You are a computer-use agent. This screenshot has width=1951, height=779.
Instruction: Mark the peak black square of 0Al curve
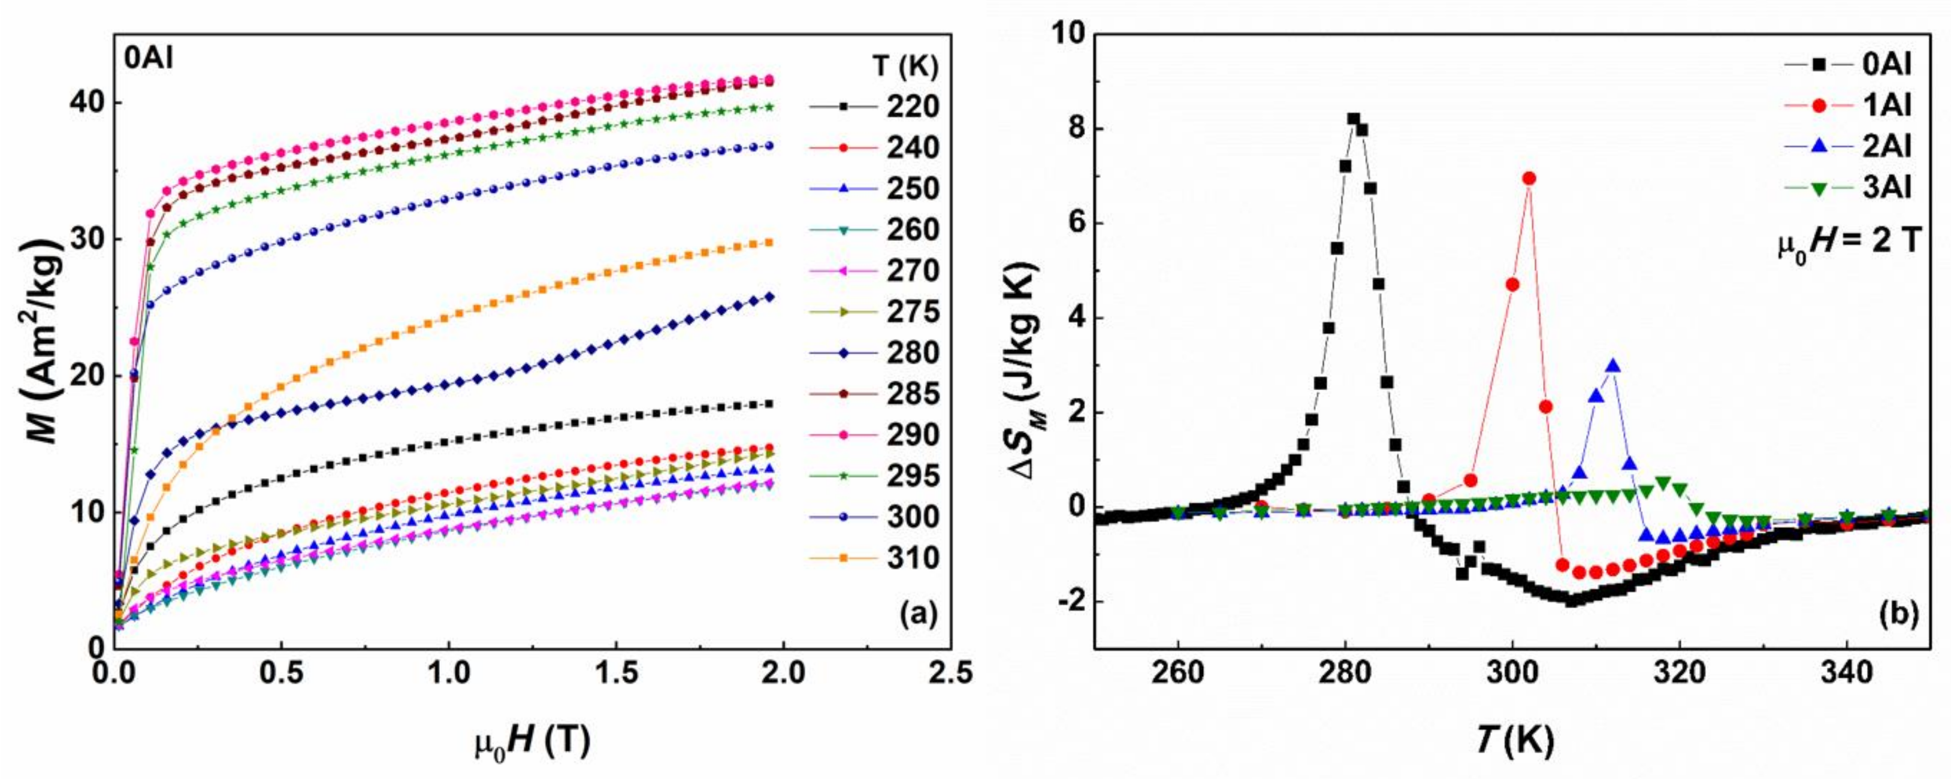[x=1354, y=119]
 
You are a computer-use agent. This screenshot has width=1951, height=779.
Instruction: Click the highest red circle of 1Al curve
[x=1529, y=179]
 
